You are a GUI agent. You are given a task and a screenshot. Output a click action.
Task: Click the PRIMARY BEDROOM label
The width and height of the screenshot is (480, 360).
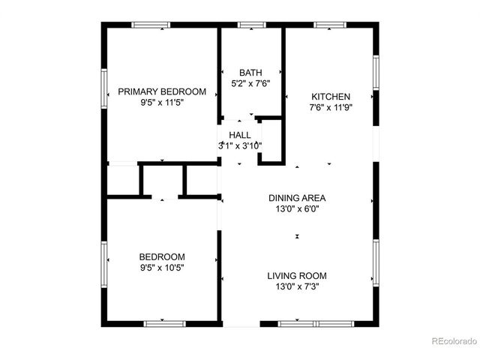pyautogui.click(x=162, y=91)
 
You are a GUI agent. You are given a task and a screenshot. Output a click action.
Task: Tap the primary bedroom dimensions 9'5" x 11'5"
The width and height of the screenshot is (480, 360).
pyautogui.click(x=162, y=103)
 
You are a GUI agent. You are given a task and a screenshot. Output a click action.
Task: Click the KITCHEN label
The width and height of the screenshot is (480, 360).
pyautogui.click(x=331, y=96)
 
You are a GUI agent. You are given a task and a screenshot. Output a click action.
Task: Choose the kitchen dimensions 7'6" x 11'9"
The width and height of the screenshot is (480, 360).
pyautogui.click(x=331, y=107)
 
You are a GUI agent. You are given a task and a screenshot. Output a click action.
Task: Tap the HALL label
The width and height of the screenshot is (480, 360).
pyautogui.click(x=240, y=134)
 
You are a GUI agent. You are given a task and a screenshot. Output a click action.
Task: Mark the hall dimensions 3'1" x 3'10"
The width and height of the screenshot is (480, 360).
pyautogui.click(x=240, y=145)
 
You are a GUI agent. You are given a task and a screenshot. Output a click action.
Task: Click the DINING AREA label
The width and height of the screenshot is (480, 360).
pyautogui.click(x=297, y=198)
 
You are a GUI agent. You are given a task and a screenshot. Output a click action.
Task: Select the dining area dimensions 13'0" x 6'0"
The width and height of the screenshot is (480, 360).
pyautogui.click(x=297, y=209)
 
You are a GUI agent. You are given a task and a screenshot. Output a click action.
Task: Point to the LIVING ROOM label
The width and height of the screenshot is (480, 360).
pyautogui.click(x=297, y=275)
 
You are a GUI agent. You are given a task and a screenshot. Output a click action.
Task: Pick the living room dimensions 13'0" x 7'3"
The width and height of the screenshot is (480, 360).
pyautogui.click(x=297, y=286)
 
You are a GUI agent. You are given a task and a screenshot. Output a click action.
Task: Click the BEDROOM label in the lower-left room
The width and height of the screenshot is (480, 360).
pyautogui.click(x=162, y=256)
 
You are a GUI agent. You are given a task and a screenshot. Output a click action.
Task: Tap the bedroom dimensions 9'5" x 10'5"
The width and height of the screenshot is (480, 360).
pyautogui.click(x=162, y=267)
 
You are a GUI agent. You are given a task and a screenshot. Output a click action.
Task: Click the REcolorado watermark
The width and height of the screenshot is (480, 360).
pyautogui.click(x=454, y=342)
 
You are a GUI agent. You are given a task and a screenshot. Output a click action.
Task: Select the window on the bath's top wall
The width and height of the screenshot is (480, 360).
pyautogui.click(x=247, y=25)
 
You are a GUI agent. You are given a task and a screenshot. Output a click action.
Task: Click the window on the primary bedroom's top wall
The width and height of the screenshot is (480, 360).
pyautogui.click(x=151, y=25)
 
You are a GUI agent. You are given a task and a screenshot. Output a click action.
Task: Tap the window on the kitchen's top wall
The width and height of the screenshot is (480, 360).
pyautogui.click(x=328, y=25)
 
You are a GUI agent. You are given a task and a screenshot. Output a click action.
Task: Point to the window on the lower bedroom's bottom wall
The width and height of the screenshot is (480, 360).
pyautogui.click(x=164, y=323)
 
